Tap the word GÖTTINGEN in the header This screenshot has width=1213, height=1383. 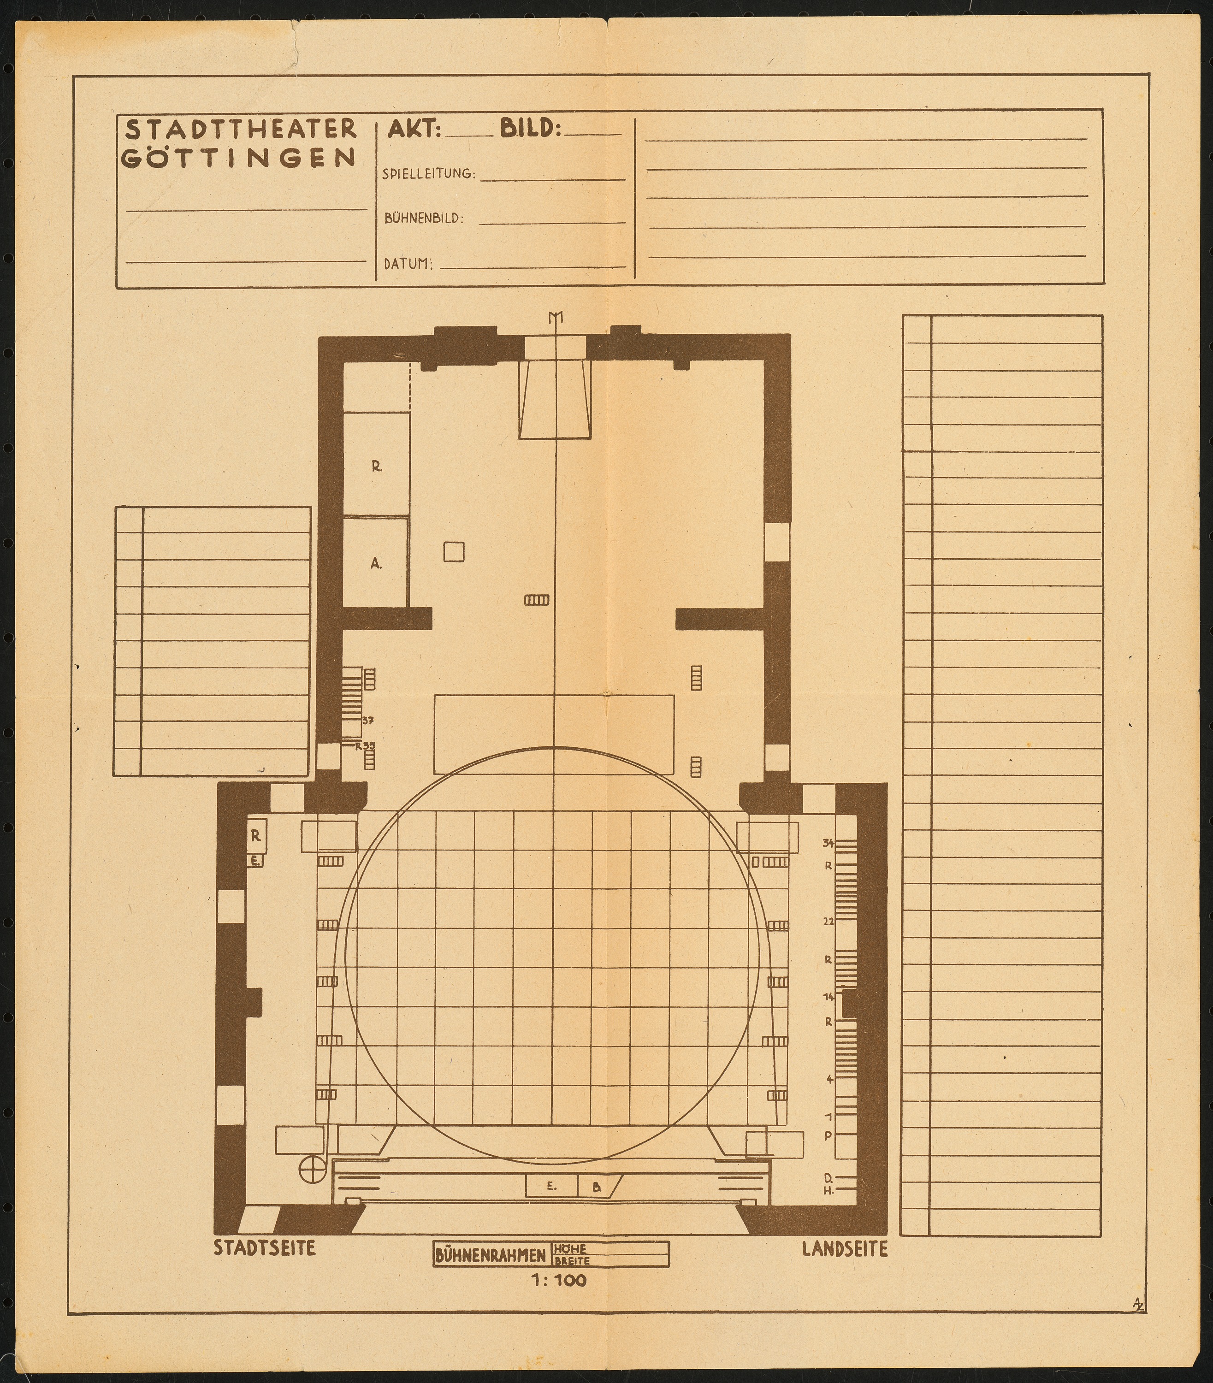click(x=240, y=158)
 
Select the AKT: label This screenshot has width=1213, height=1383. click(x=414, y=129)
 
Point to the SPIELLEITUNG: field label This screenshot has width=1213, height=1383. click(x=429, y=174)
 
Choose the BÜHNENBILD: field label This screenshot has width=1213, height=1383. click(x=424, y=219)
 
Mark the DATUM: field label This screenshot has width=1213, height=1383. click(x=408, y=264)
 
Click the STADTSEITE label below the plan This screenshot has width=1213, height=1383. click(x=265, y=1249)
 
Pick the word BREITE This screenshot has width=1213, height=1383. click(x=572, y=1261)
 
